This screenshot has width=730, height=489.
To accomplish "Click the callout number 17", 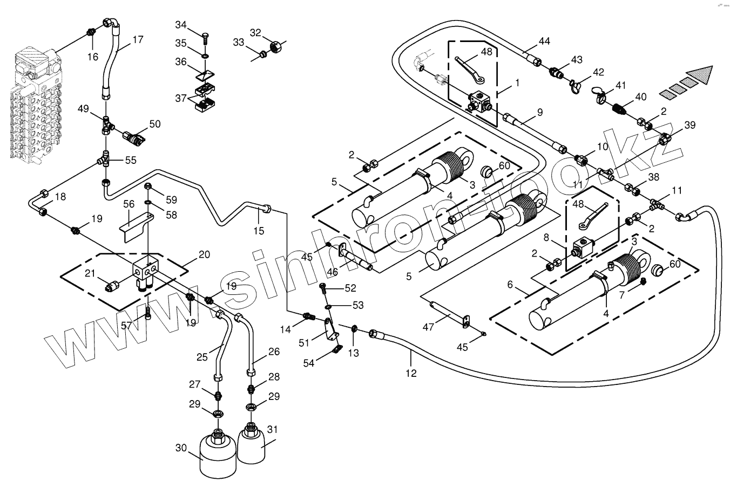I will [138, 39].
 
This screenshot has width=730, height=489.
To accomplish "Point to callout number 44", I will [544, 42].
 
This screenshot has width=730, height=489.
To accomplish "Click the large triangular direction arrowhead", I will [701, 75].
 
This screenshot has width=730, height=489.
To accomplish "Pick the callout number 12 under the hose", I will [411, 373].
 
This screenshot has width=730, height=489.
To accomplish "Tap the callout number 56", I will [129, 204].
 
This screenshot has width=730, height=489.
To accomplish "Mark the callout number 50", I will [155, 124].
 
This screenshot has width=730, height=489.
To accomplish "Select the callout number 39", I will [690, 126].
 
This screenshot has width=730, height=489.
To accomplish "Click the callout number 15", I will [259, 231].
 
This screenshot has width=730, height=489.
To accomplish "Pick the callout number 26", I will [274, 352].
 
